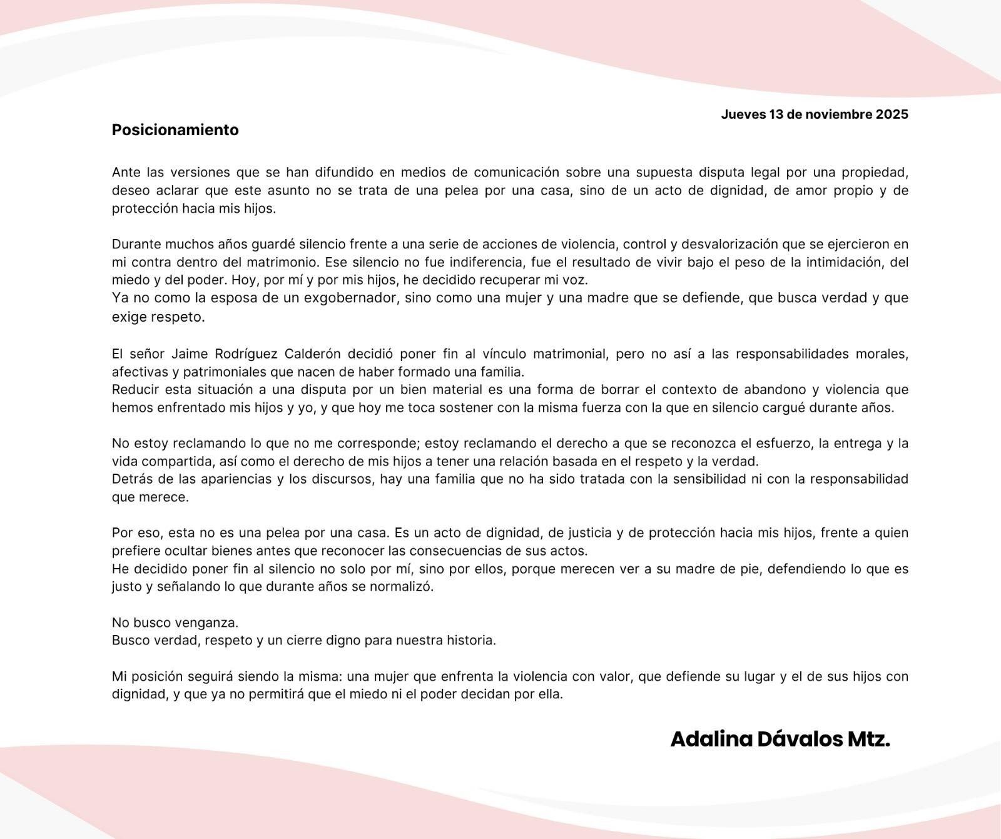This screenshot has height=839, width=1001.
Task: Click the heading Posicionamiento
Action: [x=175, y=130]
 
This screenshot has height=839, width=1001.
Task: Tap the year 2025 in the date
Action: [x=892, y=114]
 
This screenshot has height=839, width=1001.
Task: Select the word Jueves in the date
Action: [x=743, y=114]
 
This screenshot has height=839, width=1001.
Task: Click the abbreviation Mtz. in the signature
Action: [x=869, y=739]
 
